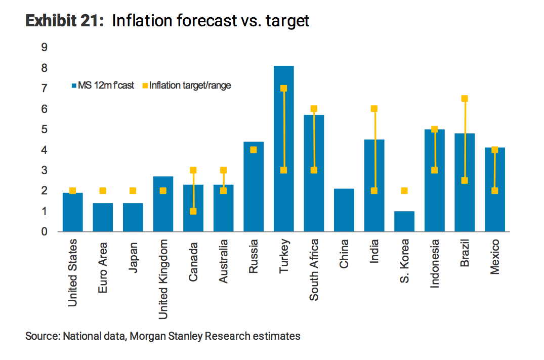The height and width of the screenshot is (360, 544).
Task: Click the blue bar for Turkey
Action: [283, 152]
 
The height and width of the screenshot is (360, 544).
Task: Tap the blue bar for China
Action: [344, 210]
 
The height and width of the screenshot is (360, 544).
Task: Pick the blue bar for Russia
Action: [254, 192]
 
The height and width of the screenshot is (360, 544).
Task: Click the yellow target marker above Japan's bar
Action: [133, 191]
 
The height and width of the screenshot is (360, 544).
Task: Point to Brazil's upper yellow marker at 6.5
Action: [465, 99]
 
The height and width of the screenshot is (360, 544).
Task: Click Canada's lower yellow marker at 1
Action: [193, 211]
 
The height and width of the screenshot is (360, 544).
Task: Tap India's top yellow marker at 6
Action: [374, 109]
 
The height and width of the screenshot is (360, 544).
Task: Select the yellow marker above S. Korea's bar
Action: [404, 191]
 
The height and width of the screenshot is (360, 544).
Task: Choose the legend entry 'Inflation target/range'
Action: [190, 86]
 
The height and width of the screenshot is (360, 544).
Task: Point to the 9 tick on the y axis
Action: [45, 48]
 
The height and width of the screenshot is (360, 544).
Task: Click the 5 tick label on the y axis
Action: [45, 130]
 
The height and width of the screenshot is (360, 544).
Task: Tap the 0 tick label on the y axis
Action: [45, 232]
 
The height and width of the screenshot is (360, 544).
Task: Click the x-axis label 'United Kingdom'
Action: [163, 278]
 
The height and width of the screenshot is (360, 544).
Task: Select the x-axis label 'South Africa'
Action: [314, 270]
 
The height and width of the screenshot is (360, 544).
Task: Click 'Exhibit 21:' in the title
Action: [65, 21]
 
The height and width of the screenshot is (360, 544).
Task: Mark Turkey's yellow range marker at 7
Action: [283, 89]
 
